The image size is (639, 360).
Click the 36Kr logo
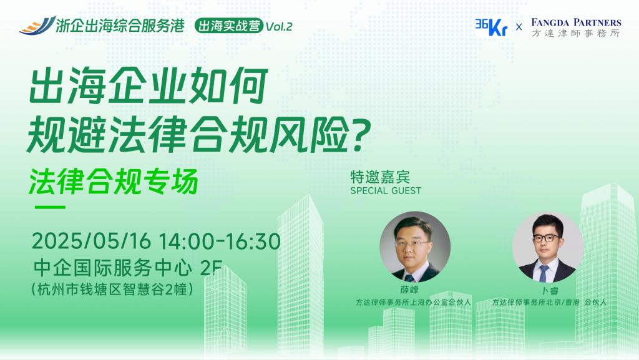491,27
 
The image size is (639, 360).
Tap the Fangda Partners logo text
576,27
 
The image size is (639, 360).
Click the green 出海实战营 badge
229,26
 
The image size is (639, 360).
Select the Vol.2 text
279,27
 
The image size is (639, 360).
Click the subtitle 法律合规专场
114,181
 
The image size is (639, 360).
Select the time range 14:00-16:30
219,241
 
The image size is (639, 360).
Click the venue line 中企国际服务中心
113,267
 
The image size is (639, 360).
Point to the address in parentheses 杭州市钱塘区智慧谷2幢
112,289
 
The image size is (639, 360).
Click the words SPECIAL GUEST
386,190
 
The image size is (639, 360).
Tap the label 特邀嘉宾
380,177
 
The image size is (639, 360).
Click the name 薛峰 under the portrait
409,290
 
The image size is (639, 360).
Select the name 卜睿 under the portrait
549,291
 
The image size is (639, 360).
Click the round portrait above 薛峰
415,247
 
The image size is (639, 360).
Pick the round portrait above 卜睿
548,248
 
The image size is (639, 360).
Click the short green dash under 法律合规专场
50,207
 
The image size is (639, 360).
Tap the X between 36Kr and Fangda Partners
519,27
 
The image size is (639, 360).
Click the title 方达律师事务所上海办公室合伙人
413,302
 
